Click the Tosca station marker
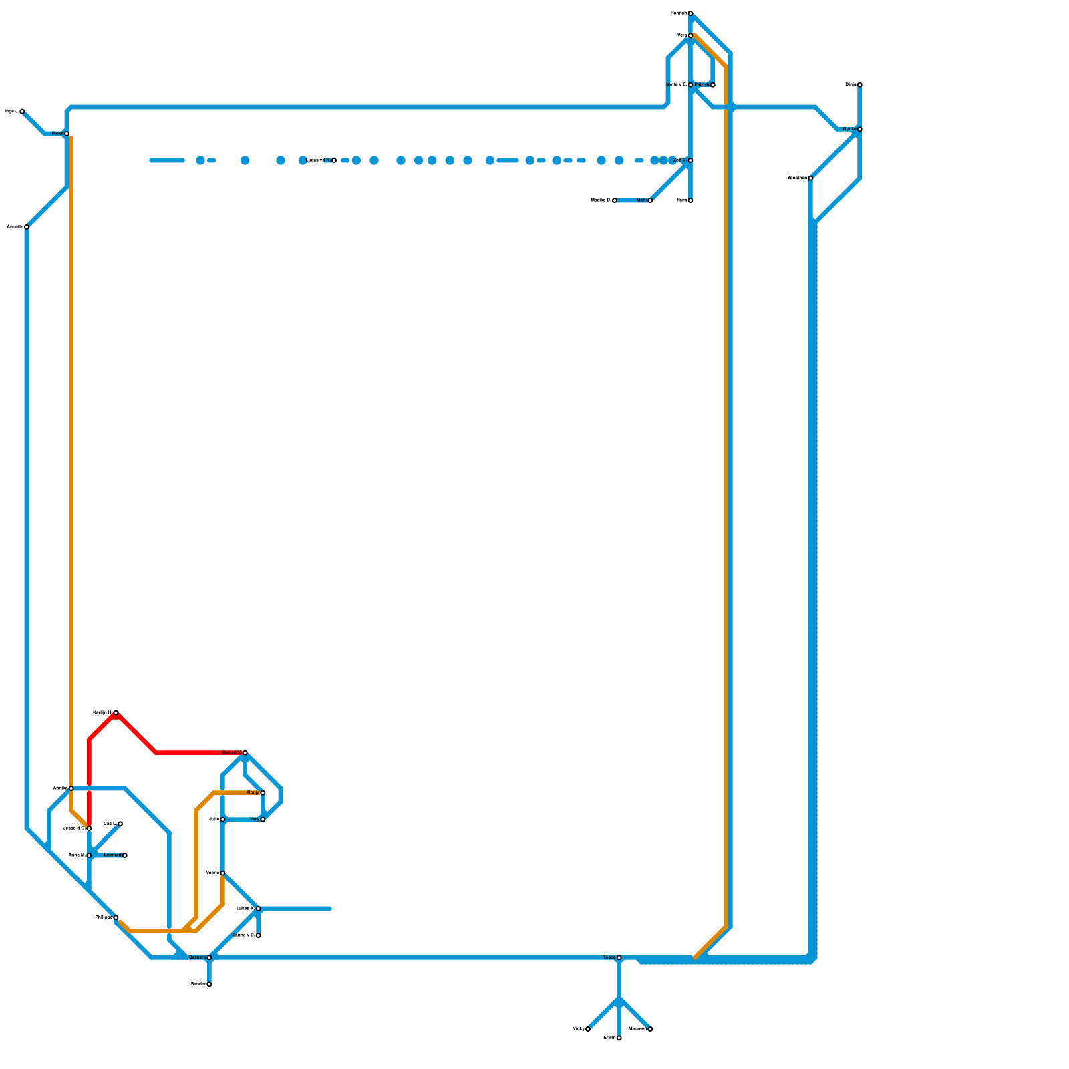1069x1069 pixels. coord(619,957)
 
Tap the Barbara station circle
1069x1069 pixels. coord(209,957)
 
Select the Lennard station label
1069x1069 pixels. coord(112,855)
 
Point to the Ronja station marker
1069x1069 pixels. coord(263,792)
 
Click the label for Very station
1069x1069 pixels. coord(254,819)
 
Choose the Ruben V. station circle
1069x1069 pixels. coord(245,752)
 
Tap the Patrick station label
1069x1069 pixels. coord(702,84)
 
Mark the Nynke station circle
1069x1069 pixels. coord(859,129)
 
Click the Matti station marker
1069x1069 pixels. coord(650,200)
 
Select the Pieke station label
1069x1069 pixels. coord(57,134)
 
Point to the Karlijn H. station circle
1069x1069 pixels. coord(116,712)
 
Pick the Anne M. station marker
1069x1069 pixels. coord(89,855)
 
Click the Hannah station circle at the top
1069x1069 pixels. coord(690,13)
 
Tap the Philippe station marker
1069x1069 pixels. coord(116,917)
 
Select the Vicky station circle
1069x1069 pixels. coord(588,1029)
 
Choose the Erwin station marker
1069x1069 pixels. coord(619,1038)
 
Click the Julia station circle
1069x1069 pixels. coord(222,819)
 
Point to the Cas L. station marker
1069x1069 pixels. coord(120,824)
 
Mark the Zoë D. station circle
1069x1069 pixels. coord(690,160)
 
